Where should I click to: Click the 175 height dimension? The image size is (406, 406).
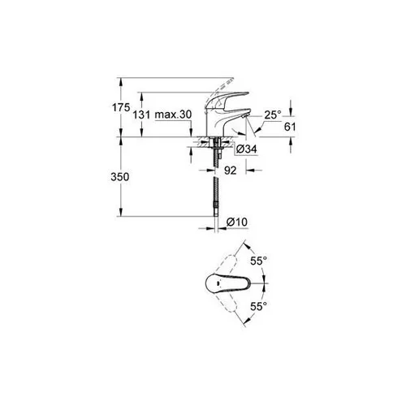click(x=121, y=107)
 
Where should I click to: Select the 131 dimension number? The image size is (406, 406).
click(x=141, y=114)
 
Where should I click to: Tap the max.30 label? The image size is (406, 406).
click(x=173, y=114)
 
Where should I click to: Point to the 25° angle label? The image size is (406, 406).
click(x=273, y=114)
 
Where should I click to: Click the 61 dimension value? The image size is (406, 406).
click(x=290, y=127)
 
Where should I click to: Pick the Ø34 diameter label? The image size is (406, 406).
click(x=246, y=149)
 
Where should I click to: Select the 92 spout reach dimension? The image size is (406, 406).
click(x=231, y=171)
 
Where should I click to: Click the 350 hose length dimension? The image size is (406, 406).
click(x=120, y=177)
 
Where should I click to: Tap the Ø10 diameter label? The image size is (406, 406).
click(x=237, y=222)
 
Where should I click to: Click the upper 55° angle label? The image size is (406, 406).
click(x=258, y=261)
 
